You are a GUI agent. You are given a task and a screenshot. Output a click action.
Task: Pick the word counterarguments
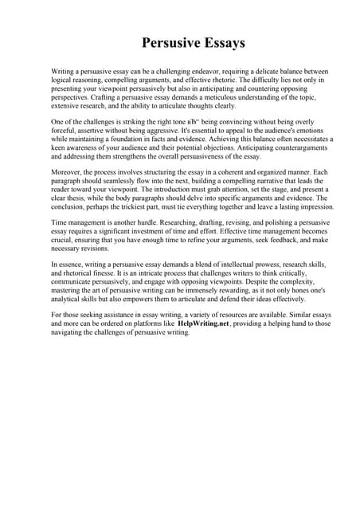[278, 148]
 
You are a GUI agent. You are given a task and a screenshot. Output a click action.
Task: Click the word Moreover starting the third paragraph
[67, 172]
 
